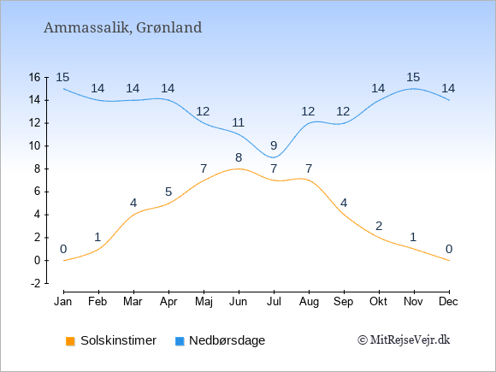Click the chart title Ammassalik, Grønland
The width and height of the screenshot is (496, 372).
coord(123,28)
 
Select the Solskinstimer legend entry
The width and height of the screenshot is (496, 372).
coord(111,340)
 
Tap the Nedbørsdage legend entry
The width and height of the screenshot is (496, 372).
coord(220,340)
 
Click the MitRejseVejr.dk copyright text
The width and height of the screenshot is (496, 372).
coord(404,340)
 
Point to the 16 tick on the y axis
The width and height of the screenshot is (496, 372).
coord(35,77)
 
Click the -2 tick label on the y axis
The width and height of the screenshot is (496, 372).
coord(36,283)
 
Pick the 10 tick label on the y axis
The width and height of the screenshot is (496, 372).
coord(35,146)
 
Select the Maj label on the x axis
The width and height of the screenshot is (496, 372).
coord(204,302)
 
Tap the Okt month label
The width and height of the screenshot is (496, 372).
coord(379,302)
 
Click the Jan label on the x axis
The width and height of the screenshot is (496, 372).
coord(63,302)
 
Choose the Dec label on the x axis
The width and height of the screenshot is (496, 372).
coord(449,302)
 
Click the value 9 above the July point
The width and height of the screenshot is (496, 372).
coord(274,146)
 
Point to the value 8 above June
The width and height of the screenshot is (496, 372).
coord(239,157)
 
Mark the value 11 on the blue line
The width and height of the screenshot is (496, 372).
coord(239,122)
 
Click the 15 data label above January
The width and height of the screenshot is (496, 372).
coord(62,77)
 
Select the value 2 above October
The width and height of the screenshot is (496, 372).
coord(379,226)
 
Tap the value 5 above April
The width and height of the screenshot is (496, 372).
coord(168,192)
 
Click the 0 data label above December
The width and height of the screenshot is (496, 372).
coord(449,249)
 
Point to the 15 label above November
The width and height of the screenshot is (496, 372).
coord(413,77)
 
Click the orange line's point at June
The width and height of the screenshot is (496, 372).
coord(239,169)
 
